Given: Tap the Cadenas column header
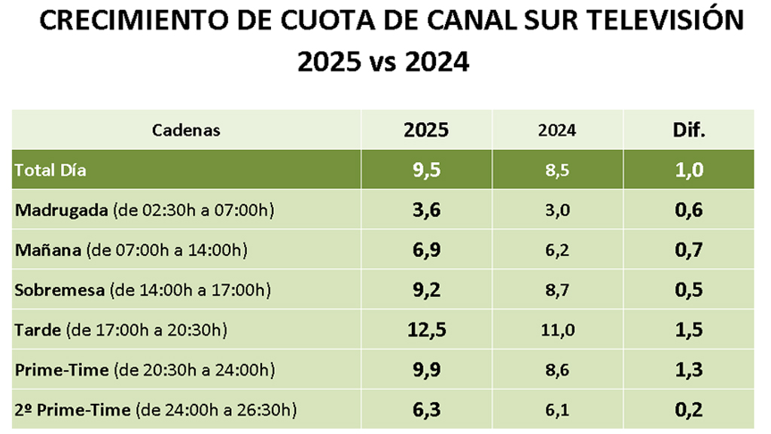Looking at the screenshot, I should pos(186,130).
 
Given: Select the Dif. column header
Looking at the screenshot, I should pos(688,130).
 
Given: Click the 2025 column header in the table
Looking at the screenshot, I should pos(426,130).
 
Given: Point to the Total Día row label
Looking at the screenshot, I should pos(50,170).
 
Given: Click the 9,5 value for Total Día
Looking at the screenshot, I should pos(426,170).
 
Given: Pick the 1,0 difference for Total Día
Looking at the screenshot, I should pos(688,170).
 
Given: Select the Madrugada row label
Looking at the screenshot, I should pos(62,210).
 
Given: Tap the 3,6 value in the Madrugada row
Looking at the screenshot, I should pos(426,210).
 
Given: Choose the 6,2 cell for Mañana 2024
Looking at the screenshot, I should pos(557,249).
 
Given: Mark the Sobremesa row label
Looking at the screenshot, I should pos(60,290).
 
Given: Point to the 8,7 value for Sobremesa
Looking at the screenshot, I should pos(557,290).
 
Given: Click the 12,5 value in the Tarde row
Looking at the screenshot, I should pos(426,330).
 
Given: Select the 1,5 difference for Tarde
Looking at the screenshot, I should pos(688,330).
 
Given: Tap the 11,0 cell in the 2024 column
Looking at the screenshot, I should pos(557,330).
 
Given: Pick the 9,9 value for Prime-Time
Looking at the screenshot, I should pos(426,370).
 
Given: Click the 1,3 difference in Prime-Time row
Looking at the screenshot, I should pos(688,370).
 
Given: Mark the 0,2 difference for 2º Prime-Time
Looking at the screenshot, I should pos(688,410).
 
